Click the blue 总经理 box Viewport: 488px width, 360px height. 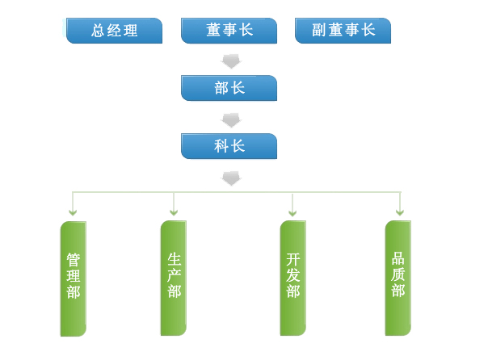[x=114, y=31]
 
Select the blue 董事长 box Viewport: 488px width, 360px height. [x=229, y=31]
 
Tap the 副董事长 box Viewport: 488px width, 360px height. [x=343, y=31]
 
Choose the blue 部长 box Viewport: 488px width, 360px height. [x=229, y=88]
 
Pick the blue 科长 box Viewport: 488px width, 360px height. [x=229, y=146]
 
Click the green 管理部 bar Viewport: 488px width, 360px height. [x=74, y=278]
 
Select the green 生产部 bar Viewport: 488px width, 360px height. [x=174, y=278]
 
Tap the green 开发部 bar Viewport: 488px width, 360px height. [x=292, y=278]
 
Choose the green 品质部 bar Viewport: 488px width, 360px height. [x=398, y=278]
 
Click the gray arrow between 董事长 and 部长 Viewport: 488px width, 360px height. [x=231, y=61]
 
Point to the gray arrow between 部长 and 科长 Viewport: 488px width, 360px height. [x=231, y=120]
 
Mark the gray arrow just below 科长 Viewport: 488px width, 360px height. [x=231, y=178]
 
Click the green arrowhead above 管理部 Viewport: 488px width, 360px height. [x=73, y=212]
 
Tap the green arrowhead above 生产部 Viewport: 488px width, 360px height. [x=174, y=212]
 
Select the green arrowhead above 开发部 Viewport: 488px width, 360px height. [x=292, y=213]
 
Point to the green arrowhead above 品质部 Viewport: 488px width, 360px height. [x=400, y=212]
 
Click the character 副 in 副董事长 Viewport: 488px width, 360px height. [x=319, y=30]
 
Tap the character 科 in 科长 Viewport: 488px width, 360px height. [x=221, y=146]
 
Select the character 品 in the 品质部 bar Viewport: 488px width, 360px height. [x=398, y=258]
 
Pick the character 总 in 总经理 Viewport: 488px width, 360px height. [x=98, y=31]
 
